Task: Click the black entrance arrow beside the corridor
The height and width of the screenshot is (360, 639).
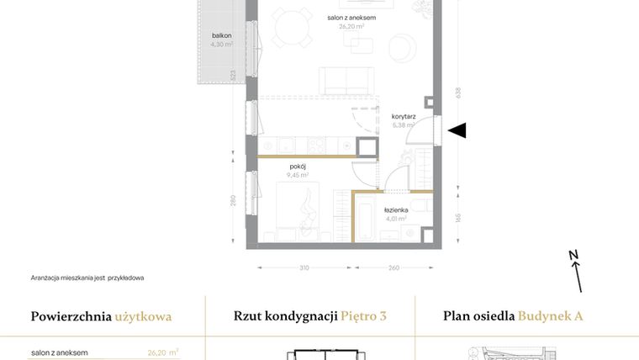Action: (x=457, y=130)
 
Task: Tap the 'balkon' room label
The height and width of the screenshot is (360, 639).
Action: (x=222, y=35)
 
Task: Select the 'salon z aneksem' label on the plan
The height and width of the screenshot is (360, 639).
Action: (x=351, y=18)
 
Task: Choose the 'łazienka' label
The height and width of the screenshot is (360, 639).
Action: (x=396, y=209)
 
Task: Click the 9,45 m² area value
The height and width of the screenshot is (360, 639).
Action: (x=299, y=176)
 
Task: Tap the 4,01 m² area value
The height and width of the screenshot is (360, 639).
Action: (x=395, y=218)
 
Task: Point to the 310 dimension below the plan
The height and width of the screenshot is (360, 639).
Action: (x=304, y=268)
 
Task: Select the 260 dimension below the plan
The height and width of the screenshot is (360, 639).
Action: (x=394, y=268)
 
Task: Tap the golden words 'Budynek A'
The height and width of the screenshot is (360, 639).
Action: (x=551, y=317)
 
